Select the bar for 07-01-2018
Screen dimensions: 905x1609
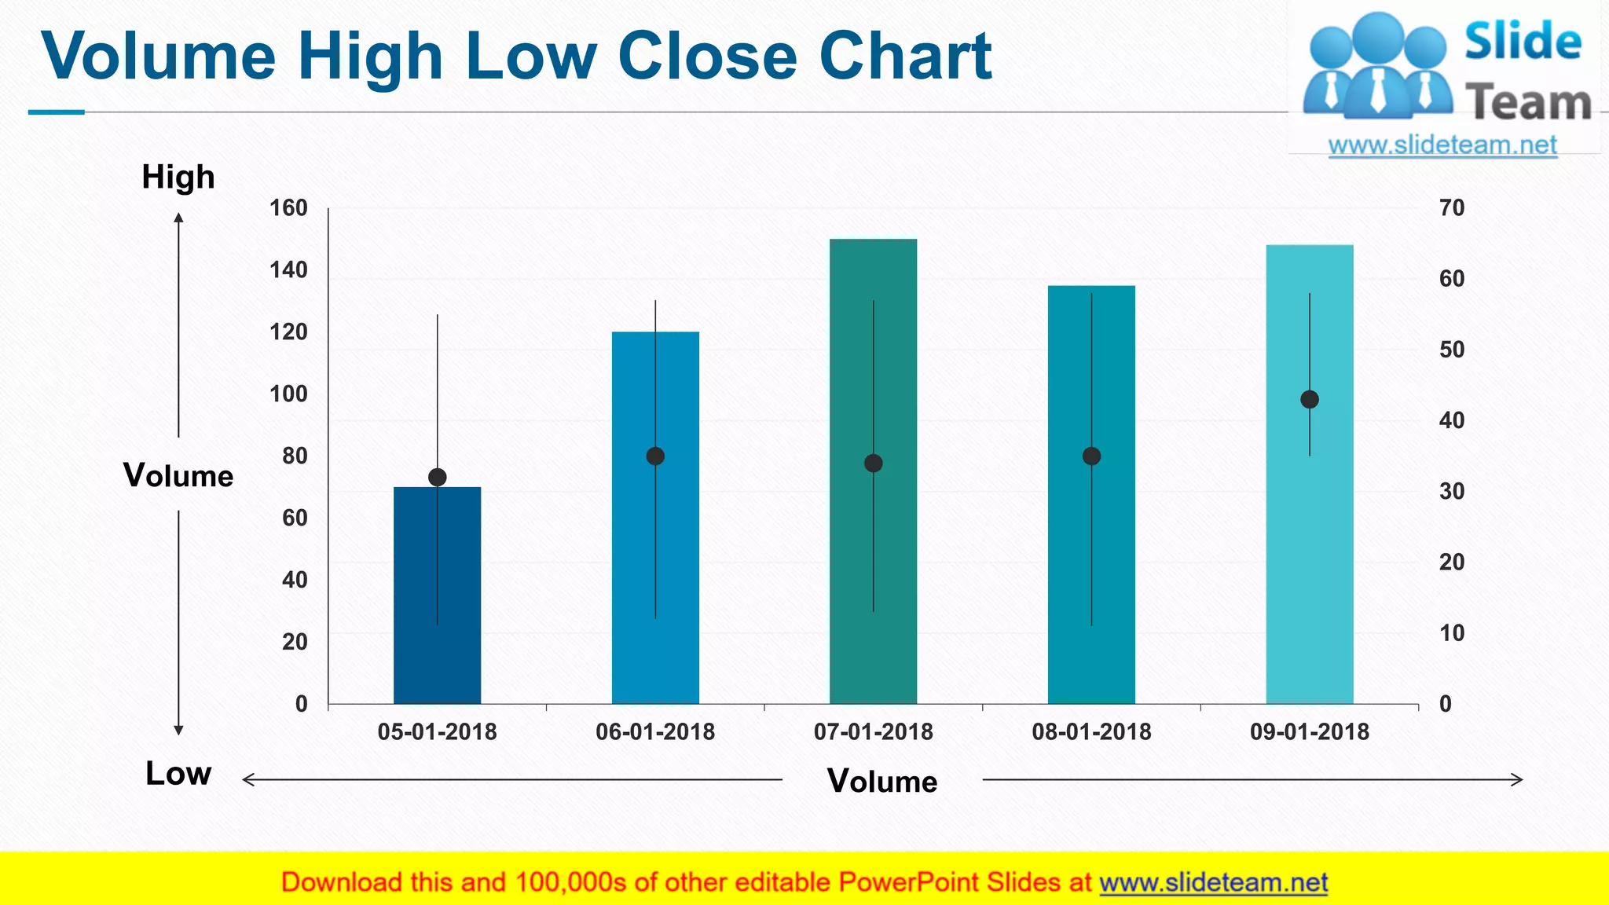click(x=873, y=471)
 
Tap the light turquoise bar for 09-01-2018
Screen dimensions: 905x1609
click(x=1309, y=550)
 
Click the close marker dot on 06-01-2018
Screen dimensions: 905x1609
click(x=655, y=456)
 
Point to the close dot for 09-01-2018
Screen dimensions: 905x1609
click(x=1309, y=400)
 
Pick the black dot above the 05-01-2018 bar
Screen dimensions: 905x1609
click(x=438, y=477)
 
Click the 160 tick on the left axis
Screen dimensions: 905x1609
click(x=288, y=208)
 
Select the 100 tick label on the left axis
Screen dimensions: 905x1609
click(x=288, y=394)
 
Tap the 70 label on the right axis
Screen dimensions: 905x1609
click(x=1451, y=208)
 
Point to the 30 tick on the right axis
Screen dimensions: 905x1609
click(x=1451, y=492)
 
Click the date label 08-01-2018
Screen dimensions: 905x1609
click(x=1091, y=732)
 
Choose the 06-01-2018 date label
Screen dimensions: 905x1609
click(x=655, y=732)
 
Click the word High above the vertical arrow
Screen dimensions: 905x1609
click(x=178, y=178)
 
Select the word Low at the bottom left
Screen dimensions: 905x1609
click(x=178, y=774)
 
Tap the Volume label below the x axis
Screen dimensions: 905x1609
click(x=882, y=782)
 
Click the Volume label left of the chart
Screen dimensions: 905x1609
click(x=178, y=476)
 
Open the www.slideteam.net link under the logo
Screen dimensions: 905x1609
click(x=1442, y=145)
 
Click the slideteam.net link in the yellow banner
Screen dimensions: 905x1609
click(x=1213, y=883)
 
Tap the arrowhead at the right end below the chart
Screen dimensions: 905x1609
click(x=1518, y=780)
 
